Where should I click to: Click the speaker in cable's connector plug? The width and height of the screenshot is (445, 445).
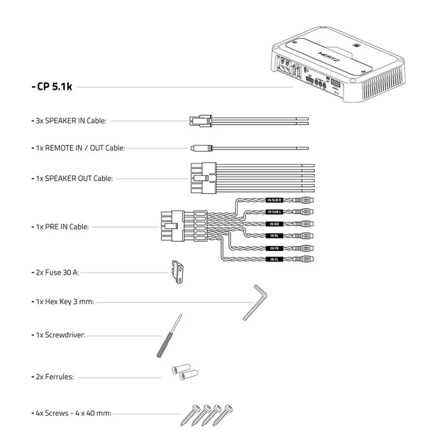pos(198,120)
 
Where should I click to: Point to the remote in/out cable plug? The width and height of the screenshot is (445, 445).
pos(198,148)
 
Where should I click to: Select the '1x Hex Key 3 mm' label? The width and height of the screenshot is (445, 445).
pos(65,302)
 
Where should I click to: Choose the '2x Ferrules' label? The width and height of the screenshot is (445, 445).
pos(56,377)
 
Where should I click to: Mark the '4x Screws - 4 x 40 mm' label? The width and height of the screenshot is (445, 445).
pos(73,413)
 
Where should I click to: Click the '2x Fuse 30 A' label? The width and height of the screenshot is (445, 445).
pos(57,273)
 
